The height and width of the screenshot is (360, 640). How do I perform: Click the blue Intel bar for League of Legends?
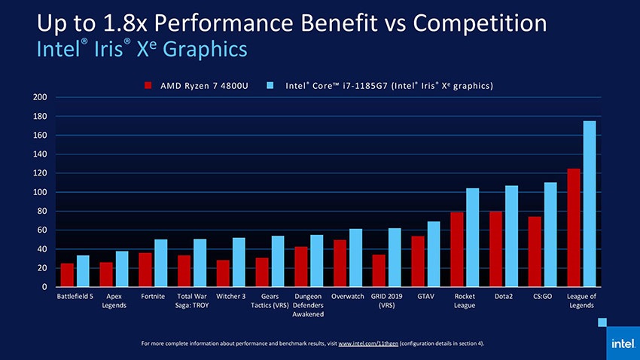click(x=590, y=203)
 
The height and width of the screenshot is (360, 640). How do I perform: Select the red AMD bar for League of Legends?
click(x=574, y=227)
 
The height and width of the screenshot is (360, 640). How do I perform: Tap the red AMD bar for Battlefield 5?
click(x=67, y=275)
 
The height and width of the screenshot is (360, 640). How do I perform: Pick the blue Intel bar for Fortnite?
click(x=161, y=263)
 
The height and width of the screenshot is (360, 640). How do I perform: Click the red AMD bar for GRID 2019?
click(x=379, y=270)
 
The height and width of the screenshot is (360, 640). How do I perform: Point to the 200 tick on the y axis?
click(x=40, y=97)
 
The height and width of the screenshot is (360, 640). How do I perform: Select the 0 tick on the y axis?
click(x=44, y=287)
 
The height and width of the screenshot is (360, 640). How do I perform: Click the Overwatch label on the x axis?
click(x=347, y=296)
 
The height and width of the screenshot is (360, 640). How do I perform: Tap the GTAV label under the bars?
click(x=425, y=296)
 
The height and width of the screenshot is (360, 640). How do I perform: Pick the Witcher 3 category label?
click(x=230, y=296)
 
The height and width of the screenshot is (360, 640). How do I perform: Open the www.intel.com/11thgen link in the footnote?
click(x=369, y=343)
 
